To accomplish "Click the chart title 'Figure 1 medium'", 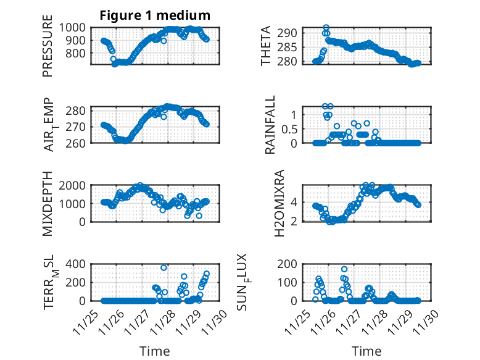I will pyautogui.click(x=155, y=15).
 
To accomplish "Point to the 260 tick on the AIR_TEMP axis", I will pyautogui.click(x=78, y=143).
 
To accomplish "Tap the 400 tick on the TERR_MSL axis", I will pyautogui.click(x=78, y=264).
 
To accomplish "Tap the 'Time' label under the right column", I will pyautogui.click(x=366, y=351).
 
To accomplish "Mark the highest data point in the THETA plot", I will pyautogui.click(x=326, y=28).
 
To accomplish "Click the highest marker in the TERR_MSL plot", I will pyautogui.click(x=164, y=267).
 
